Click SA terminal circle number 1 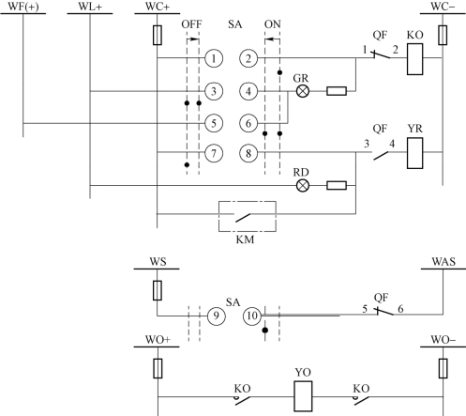(214, 58)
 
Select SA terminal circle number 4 (248, 91)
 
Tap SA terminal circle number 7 (214, 153)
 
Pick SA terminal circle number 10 (252, 316)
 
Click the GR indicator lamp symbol (303, 91)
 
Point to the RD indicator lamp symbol (303, 186)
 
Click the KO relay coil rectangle (415, 59)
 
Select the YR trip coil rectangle (415, 153)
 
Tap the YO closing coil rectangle (303, 396)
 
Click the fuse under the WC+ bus (158, 35)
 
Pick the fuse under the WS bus (158, 290)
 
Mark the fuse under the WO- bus (443, 368)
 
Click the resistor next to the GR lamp (337, 91)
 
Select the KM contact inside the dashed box (243, 217)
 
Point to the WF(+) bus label (23, 7)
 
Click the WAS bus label (443, 262)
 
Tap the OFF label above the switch (191, 24)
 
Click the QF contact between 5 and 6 (384, 312)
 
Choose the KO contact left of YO (243, 400)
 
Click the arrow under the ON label (272, 39)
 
